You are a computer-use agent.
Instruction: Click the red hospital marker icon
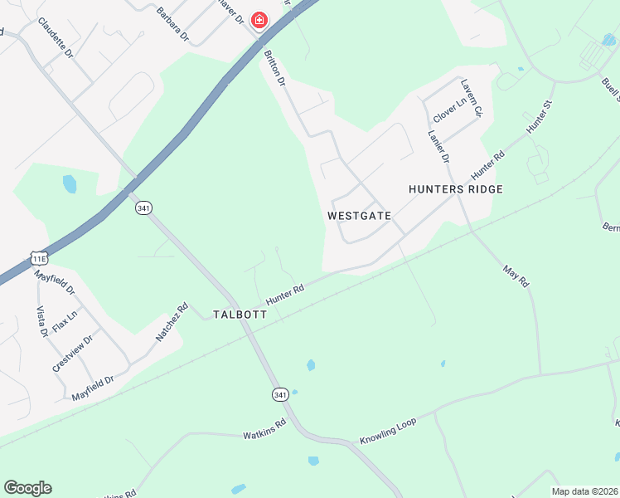pos(259,20)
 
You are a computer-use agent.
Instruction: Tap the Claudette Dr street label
pos(56,38)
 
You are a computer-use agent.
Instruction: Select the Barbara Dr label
pos(173,25)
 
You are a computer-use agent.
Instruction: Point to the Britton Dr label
pos(274,69)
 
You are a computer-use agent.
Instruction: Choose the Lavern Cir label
pos(471,98)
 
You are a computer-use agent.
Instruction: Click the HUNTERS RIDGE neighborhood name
pos(456,189)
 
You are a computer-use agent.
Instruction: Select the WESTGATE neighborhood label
pos(358,215)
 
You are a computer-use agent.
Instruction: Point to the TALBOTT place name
pos(240,315)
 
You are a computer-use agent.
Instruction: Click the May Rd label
pos(516,276)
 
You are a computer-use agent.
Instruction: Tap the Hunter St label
pos(539,119)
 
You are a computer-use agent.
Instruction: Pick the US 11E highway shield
pos(39,259)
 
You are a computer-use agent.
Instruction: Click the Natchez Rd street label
pos(172,323)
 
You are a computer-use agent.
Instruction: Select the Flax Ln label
pos(65,321)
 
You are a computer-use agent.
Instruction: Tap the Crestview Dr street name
pos(72,353)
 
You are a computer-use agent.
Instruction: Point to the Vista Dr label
pos(42,321)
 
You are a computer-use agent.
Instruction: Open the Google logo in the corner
pos(27,488)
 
